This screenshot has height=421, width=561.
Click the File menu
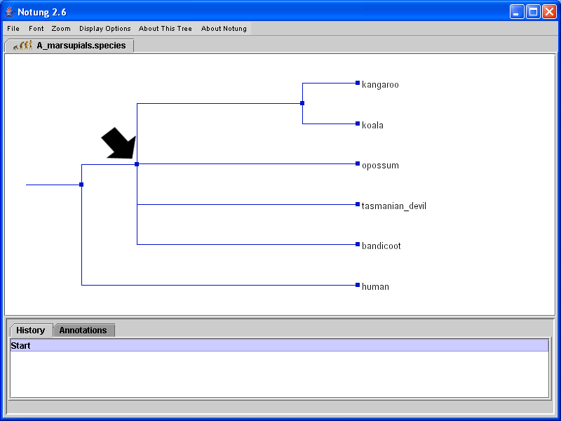pos(13,29)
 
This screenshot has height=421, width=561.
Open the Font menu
pos(36,29)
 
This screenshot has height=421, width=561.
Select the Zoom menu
pos(61,29)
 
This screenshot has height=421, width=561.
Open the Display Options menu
pos(105,29)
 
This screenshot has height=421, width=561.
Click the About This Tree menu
pos(165,29)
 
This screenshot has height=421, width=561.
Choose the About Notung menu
pos(224,29)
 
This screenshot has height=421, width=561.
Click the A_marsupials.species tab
pos(70,46)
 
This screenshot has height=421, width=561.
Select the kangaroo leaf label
pos(380,85)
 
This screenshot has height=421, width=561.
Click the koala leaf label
pos(372,126)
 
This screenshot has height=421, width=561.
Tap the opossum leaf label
pos(380,166)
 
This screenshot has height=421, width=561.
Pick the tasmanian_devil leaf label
pos(394,206)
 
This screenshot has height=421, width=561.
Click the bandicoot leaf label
pos(381,246)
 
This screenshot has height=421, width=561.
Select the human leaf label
pos(375,287)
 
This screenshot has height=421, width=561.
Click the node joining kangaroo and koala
pos(302,103)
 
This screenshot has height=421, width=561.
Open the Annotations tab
pos(83,330)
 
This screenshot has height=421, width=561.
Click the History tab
pos(31,330)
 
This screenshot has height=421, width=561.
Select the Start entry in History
pos(21,346)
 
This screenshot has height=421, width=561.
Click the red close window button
pos(549,12)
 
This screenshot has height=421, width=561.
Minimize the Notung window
pos(517,12)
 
